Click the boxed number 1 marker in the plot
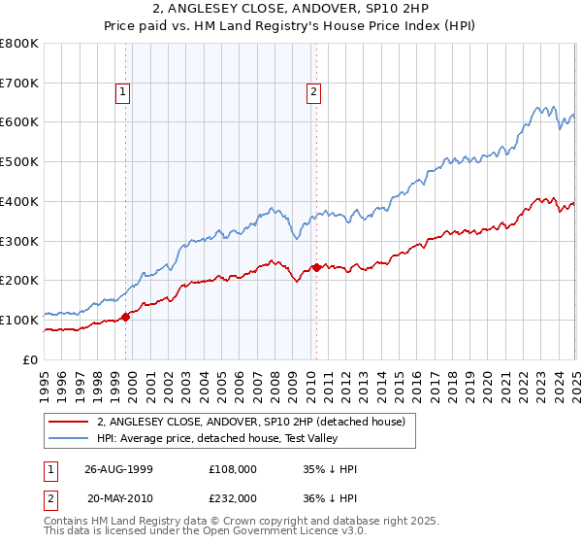(123, 93)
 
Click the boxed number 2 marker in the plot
(314, 93)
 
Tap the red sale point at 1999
(126, 316)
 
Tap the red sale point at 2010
(316, 267)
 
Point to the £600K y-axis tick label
(19, 122)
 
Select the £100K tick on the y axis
(19, 320)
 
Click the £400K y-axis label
(19, 201)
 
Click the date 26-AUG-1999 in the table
(118, 469)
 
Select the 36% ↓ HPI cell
(330, 497)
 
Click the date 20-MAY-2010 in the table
(118, 497)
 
